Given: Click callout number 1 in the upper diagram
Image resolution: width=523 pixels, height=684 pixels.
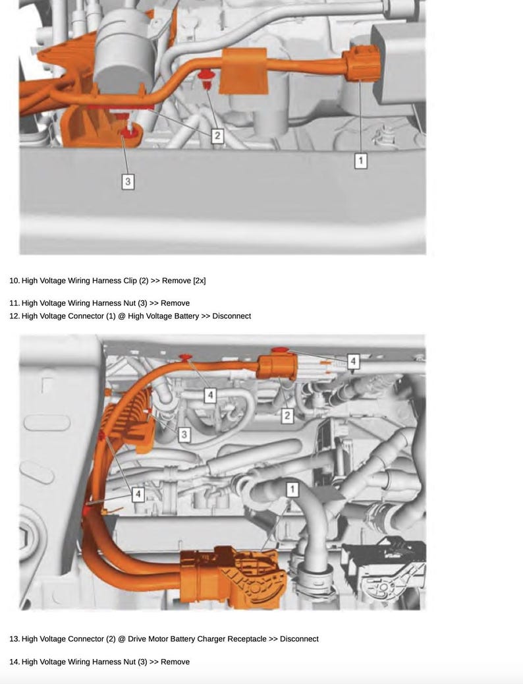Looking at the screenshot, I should (x=360, y=160).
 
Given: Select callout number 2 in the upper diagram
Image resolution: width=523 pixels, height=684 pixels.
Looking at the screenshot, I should (x=217, y=136).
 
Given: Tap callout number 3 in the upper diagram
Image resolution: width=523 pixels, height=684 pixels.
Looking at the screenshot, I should (x=128, y=181).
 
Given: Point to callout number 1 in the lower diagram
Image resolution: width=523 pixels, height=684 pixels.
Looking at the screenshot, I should (x=292, y=489).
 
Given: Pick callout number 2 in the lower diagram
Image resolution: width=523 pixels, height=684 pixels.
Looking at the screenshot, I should (x=287, y=416).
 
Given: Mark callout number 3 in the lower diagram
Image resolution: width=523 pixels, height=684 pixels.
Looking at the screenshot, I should (x=184, y=434).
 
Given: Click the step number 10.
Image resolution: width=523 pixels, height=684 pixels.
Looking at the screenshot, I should (x=14, y=281).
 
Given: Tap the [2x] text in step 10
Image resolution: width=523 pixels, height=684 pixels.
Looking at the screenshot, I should (x=200, y=281).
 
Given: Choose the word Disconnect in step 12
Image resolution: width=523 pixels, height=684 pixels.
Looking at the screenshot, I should (x=231, y=316).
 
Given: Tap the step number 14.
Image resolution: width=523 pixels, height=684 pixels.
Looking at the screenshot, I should (x=14, y=662).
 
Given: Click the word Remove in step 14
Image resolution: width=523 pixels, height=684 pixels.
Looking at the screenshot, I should (x=175, y=662).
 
